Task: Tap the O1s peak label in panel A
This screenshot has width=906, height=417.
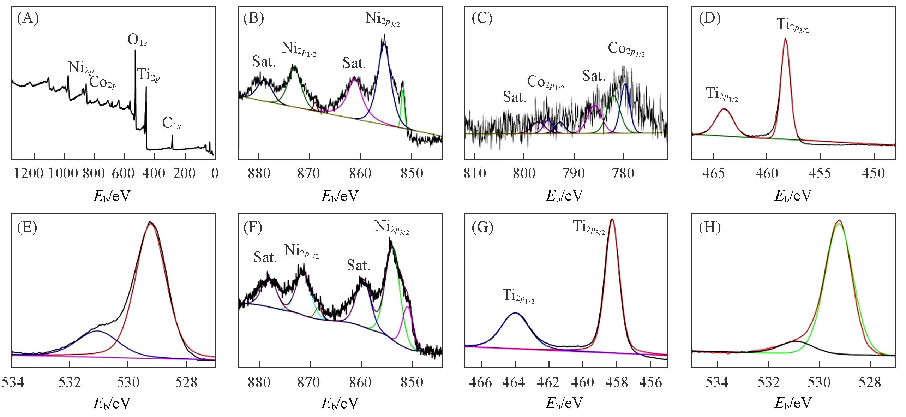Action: (138, 41)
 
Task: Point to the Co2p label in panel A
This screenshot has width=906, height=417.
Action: (103, 83)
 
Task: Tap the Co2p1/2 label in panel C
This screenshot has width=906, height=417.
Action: (545, 83)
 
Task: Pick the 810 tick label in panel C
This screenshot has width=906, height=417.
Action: (475, 173)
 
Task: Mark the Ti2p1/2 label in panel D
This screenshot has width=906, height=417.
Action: (722, 94)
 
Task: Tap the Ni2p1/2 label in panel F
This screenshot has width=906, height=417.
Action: (302, 251)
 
